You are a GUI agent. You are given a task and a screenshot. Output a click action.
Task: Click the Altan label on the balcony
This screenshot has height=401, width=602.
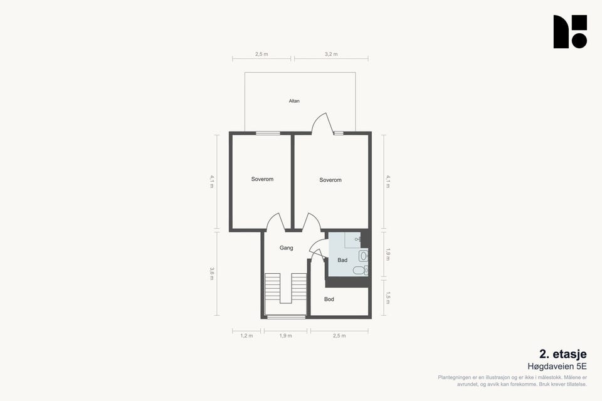pos(294,101)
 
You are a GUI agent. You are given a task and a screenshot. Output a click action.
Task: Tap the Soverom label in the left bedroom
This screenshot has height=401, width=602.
pos(262,179)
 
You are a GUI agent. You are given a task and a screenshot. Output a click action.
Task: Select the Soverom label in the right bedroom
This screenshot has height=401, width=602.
pos(330,180)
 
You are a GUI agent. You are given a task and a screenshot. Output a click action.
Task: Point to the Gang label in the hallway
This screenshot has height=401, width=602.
pos(287,248)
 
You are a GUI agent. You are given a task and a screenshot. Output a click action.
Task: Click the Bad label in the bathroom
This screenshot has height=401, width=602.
pos(342,260)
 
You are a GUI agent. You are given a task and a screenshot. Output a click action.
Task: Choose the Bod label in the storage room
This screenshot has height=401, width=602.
pos(329,299)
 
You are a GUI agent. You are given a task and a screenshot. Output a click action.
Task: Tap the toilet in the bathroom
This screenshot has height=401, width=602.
pos(361,271)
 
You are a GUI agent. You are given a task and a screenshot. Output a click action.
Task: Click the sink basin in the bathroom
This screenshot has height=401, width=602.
pos(364,256)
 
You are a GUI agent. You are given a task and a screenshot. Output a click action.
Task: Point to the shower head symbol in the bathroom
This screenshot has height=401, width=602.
pos(358,239)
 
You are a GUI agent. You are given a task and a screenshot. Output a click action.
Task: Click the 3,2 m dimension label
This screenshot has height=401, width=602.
pos(331,54)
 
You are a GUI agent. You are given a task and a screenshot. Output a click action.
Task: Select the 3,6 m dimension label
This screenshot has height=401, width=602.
pos(211,273)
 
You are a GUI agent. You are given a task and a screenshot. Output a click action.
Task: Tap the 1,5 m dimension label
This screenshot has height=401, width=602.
pos(388,298)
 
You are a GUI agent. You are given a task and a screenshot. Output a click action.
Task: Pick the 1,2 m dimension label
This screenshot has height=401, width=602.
pos(246,336)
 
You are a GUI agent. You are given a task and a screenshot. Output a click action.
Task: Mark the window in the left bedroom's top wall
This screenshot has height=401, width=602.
pos(268,133)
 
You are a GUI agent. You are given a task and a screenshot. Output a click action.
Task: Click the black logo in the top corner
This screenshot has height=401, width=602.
pos(570,31)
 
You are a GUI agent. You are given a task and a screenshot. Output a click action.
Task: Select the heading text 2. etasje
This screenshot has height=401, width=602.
pos(563,354)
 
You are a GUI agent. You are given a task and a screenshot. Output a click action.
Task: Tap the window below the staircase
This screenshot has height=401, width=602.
pos(286,317)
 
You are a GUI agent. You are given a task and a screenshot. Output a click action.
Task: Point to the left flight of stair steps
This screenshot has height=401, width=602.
pos(273,287)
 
